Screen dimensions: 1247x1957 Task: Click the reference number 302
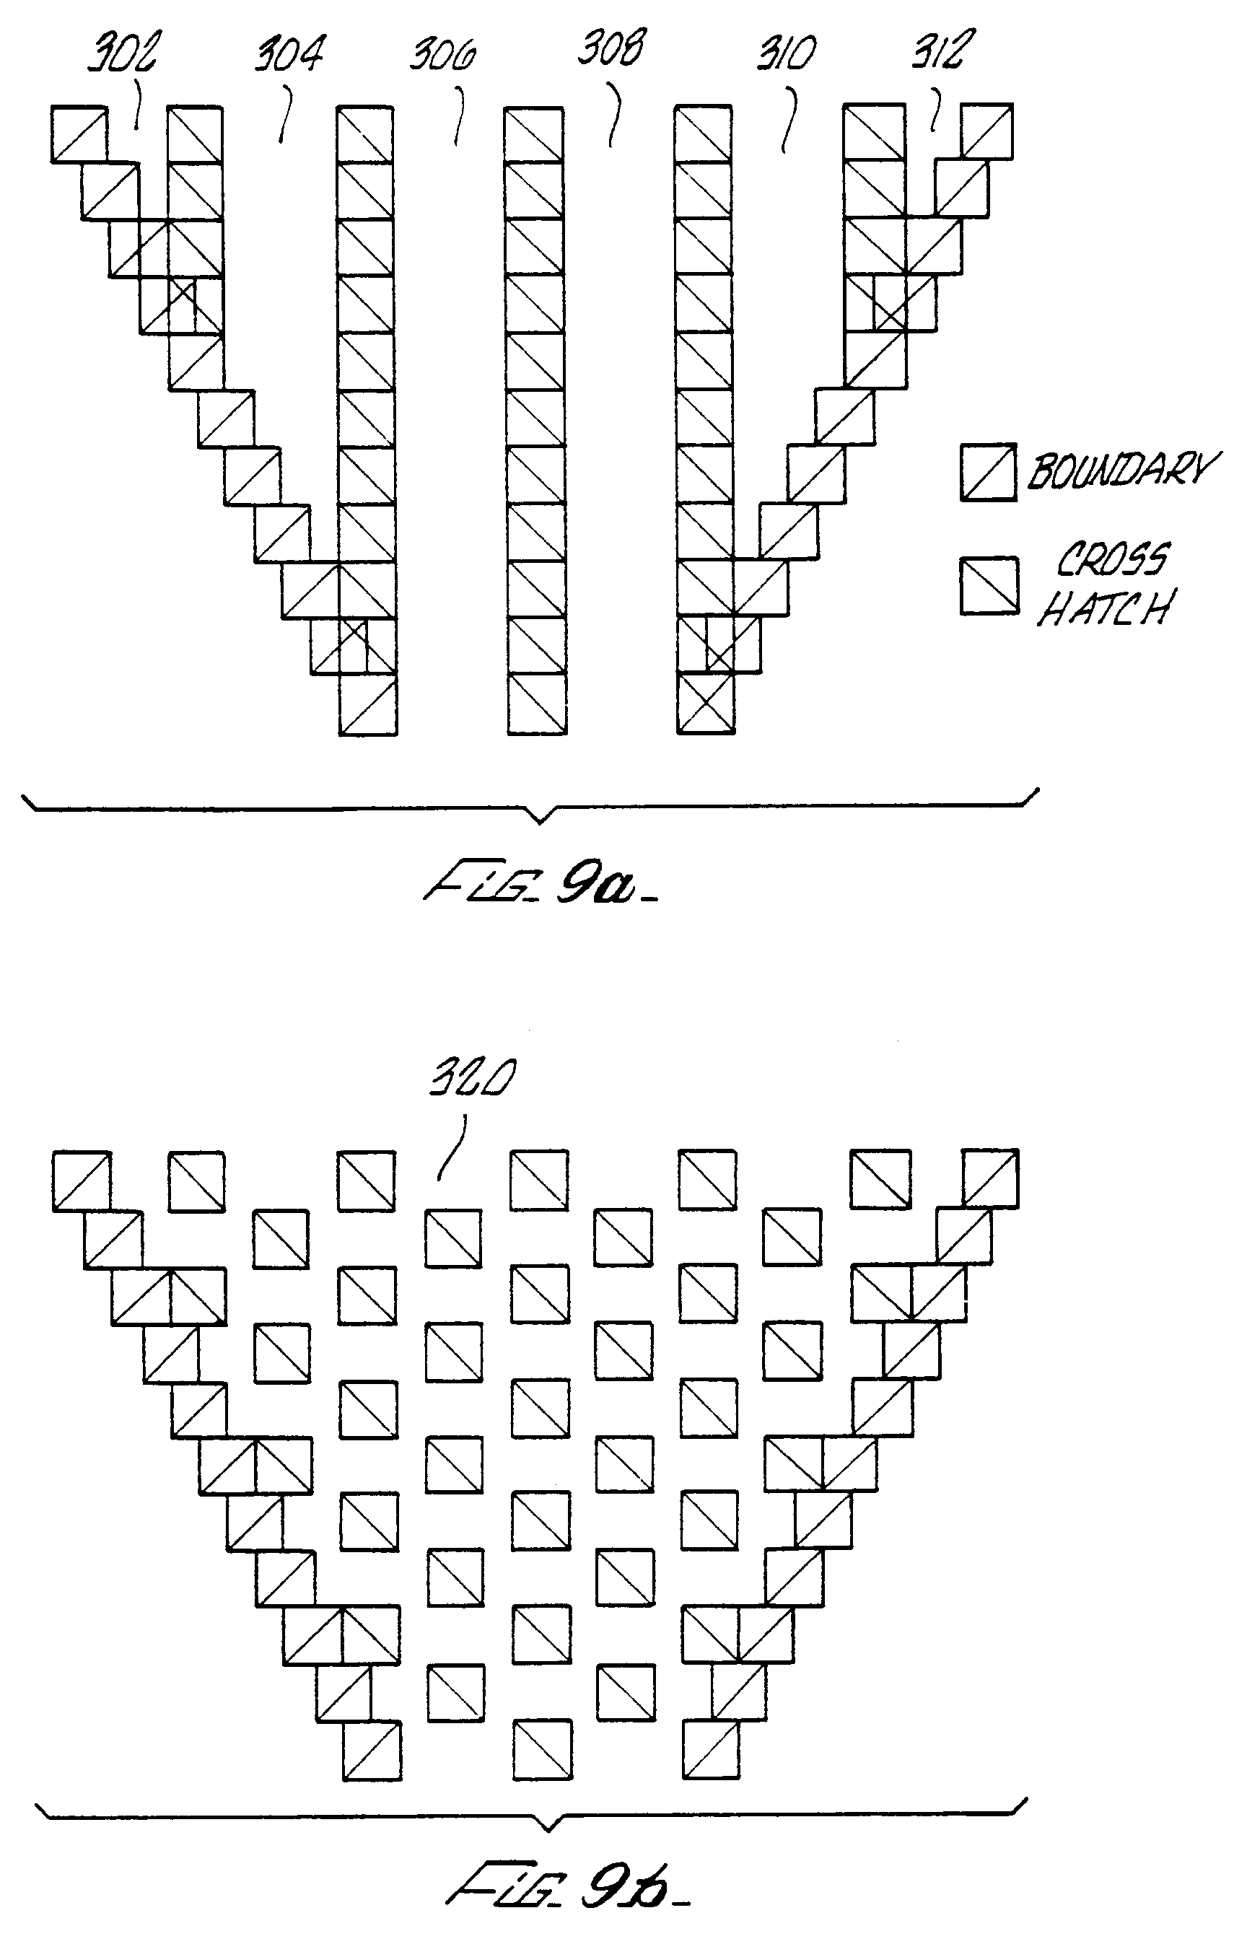[x=122, y=53]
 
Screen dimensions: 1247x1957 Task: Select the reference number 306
[x=443, y=56]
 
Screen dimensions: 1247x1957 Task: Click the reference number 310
[x=786, y=53]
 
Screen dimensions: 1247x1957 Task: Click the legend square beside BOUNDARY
[x=989, y=472]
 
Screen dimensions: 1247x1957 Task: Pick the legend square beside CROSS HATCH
[x=989, y=585]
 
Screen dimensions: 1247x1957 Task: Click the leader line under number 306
[x=461, y=115]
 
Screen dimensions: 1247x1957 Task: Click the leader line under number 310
[x=789, y=121]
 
